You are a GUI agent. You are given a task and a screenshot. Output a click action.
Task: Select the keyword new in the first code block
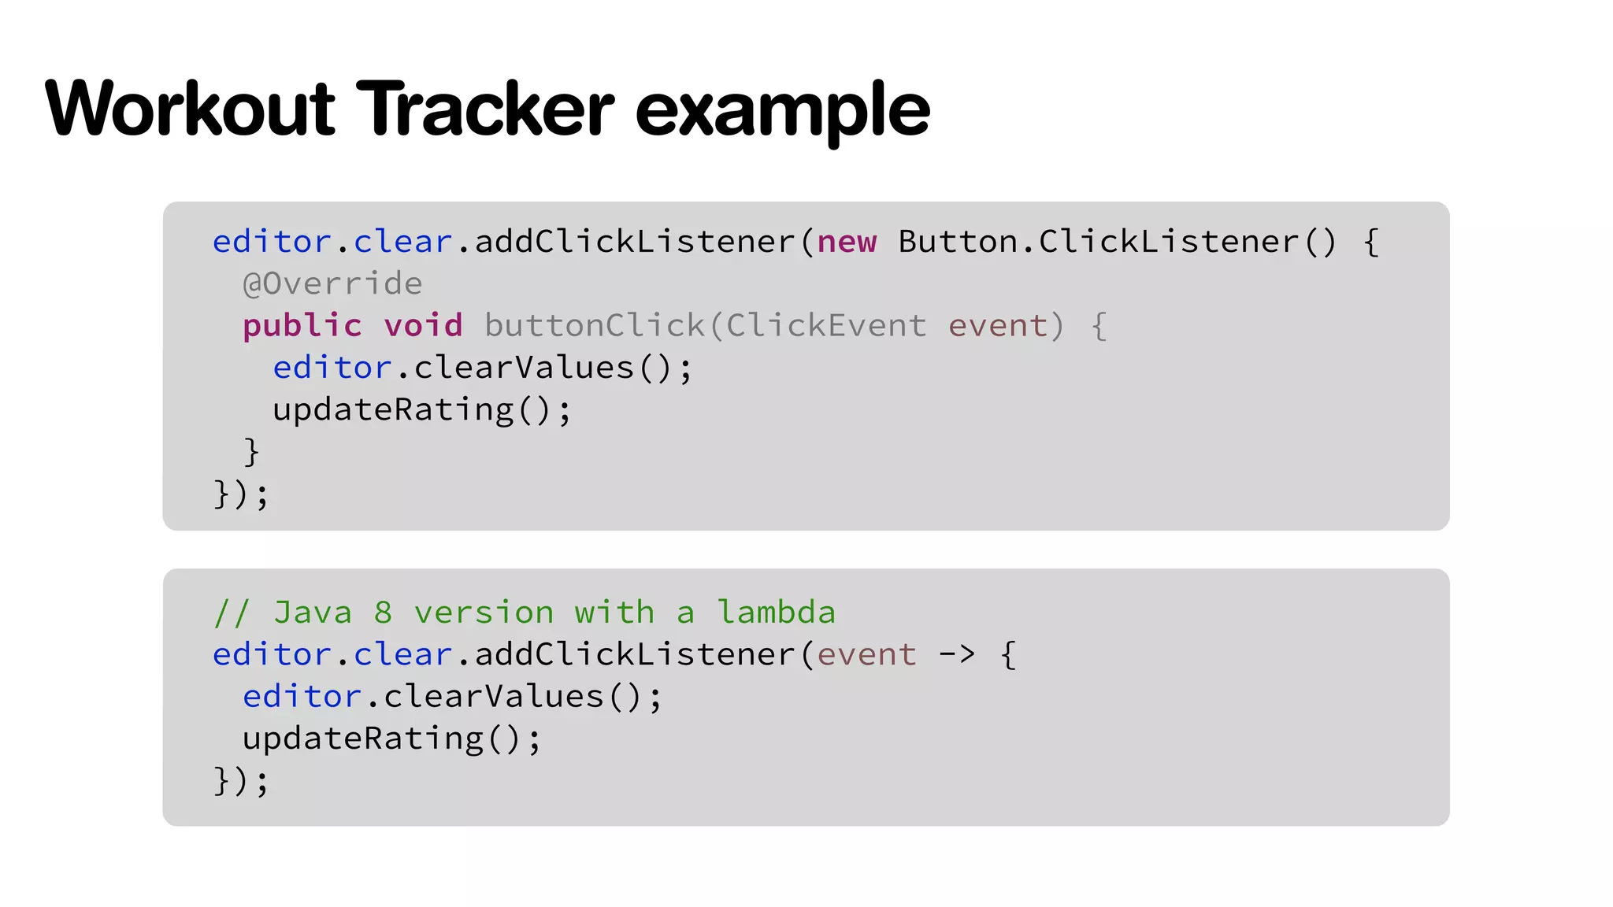pos(847,242)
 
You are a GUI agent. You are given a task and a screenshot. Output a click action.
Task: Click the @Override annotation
pos(332,283)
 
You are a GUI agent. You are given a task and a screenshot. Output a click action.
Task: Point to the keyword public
pos(302,326)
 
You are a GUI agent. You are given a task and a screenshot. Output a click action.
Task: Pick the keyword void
pos(423,326)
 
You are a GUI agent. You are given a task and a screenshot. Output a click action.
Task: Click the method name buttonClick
pos(595,326)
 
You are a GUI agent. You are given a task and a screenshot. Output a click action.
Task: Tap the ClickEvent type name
pos(825,326)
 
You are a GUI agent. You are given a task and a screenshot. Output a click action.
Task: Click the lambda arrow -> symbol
pos(957,654)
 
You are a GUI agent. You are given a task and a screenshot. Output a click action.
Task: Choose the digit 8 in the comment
pos(383,613)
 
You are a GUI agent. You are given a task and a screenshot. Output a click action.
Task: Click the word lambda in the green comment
pos(776,613)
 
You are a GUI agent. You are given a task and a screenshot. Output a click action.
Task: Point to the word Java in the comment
pos(313,613)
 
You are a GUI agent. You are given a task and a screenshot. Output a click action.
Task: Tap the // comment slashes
pos(232,613)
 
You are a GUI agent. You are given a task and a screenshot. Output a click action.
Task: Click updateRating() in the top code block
pos(421,410)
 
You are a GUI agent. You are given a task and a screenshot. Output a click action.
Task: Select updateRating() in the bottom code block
pos(391,739)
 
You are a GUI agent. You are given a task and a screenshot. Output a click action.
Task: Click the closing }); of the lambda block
pos(241,781)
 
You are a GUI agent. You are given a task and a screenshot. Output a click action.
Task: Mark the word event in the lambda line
pos(866,654)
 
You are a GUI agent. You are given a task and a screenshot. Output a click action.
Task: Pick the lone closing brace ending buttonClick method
pos(251,452)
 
